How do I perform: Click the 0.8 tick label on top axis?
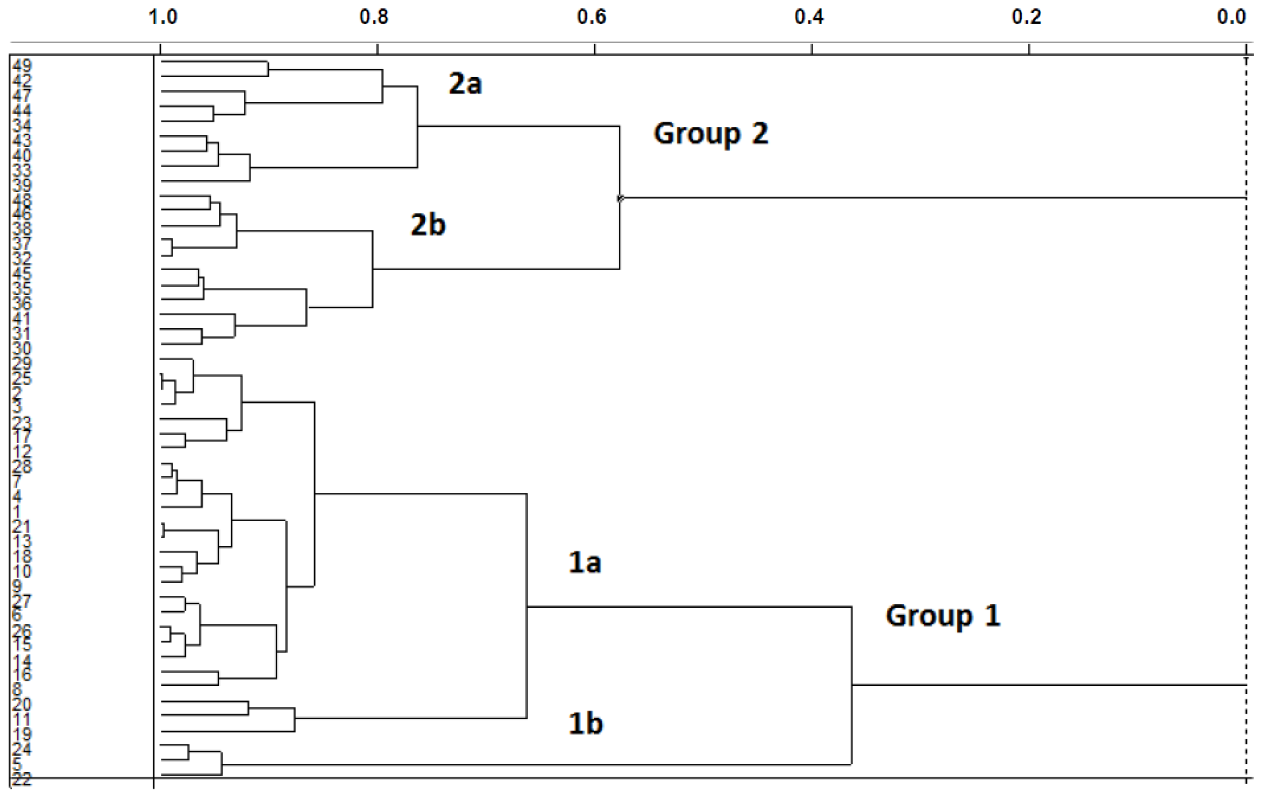click(374, 17)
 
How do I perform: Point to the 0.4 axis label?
click(809, 17)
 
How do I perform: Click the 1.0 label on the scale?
click(163, 17)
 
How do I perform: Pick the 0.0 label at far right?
click(1231, 17)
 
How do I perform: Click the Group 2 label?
click(711, 133)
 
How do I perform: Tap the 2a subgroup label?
click(465, 84)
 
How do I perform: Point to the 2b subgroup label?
click(428, 225)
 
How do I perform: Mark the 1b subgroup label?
click(585, 724)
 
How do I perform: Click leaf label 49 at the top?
click(22, 65)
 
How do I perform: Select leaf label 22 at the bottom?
click(22, 780)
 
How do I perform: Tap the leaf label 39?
click(22, 185)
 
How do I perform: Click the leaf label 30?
click(22, 348)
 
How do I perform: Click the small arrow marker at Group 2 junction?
click(621, 198)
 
